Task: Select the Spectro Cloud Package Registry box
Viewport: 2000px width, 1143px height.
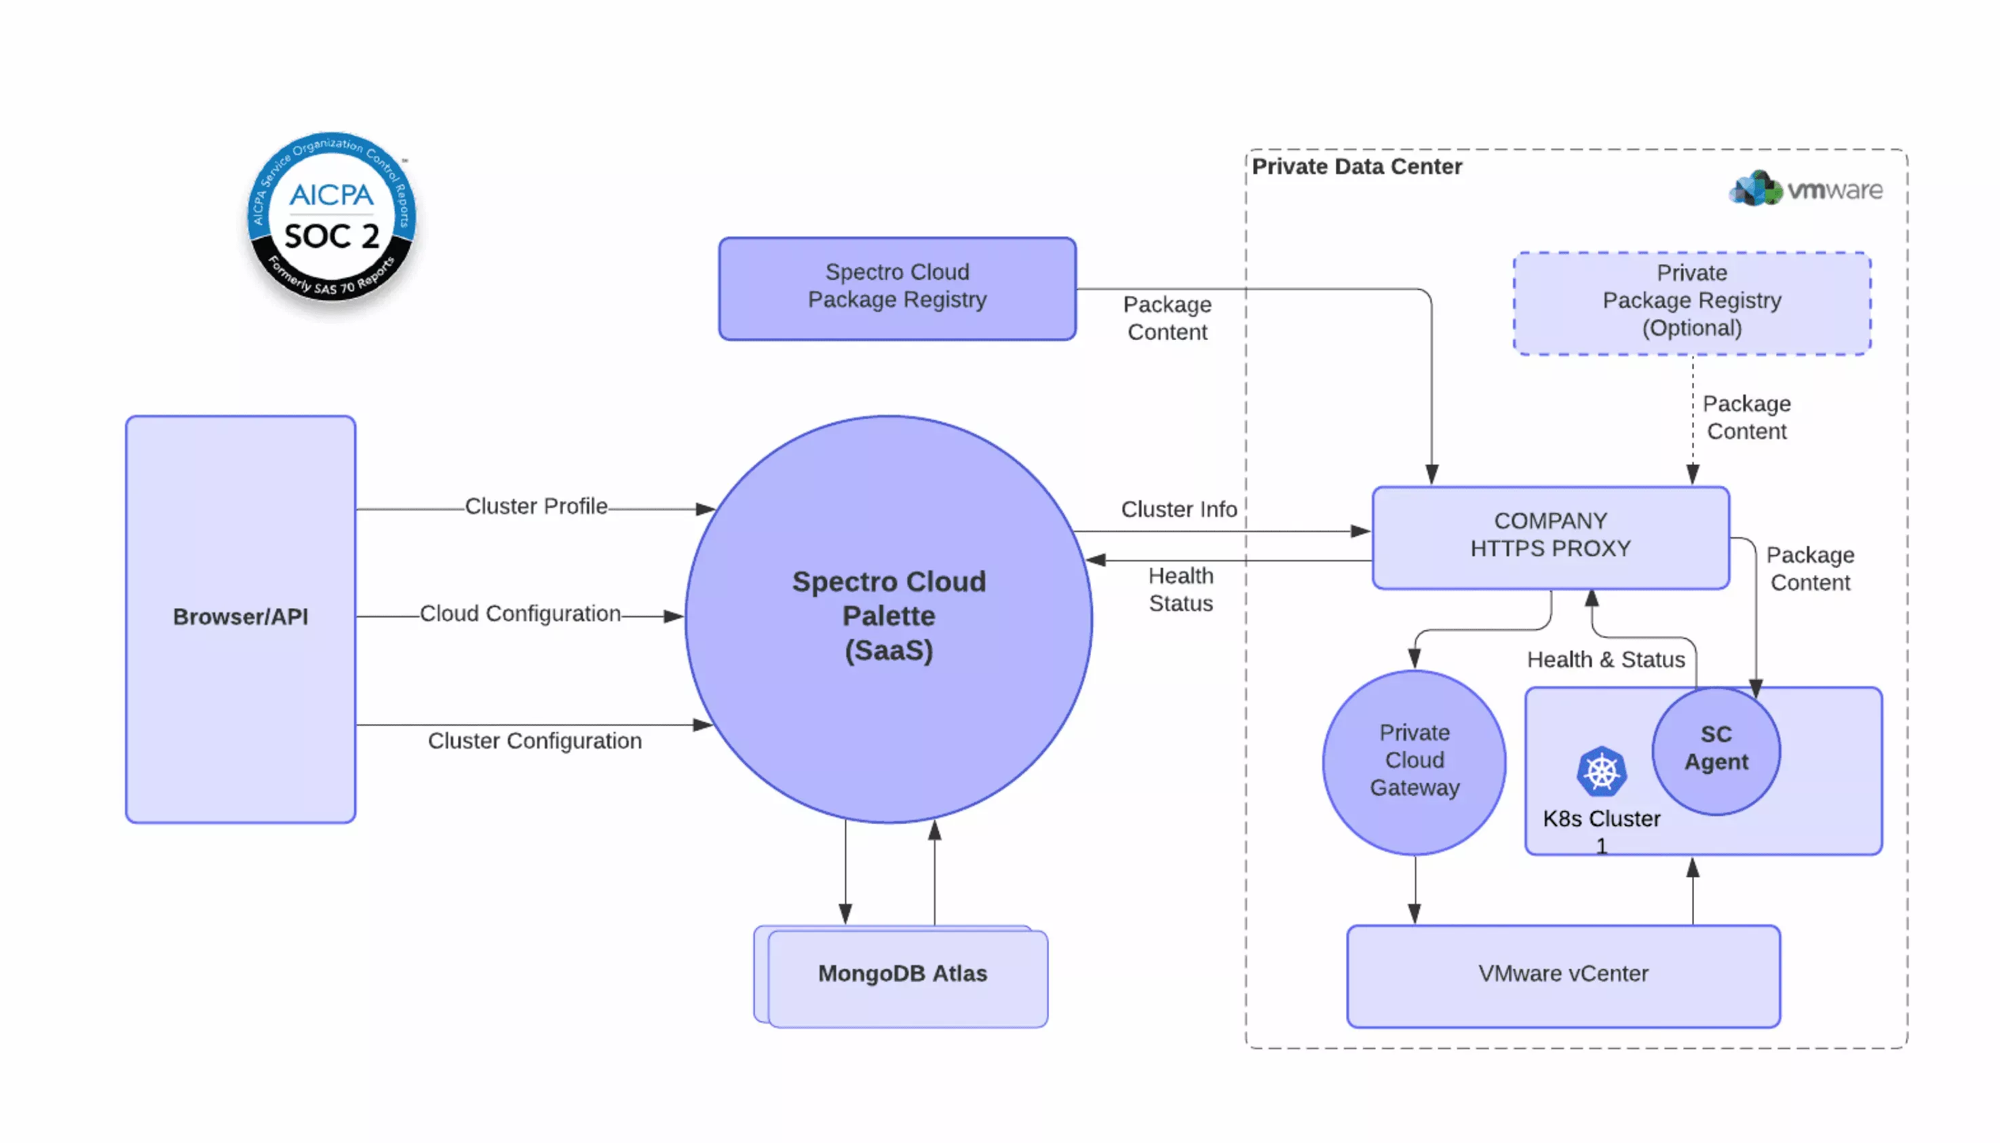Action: point(896,288)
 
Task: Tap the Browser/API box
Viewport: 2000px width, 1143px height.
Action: point(240,618)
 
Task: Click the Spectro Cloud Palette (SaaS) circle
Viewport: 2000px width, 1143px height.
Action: point(888,618)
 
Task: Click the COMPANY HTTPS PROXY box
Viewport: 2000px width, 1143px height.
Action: point(1550,536)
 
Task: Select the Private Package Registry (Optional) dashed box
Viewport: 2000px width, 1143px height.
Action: point(1691,302)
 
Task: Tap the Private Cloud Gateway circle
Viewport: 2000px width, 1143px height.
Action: point(1413,761)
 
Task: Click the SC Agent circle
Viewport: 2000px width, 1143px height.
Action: point(1715,750)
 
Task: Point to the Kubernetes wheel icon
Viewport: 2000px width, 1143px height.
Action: point(1600,772)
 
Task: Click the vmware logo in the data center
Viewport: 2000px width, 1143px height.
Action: point(1805,189)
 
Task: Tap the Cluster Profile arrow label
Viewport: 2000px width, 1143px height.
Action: point(536,506)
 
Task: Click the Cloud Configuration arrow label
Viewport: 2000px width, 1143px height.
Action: point(520,614)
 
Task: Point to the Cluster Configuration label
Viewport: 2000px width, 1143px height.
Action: point(535,741)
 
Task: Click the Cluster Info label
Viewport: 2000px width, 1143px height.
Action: point(1178,510)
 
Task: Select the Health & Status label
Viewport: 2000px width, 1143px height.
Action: point(1604,660)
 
